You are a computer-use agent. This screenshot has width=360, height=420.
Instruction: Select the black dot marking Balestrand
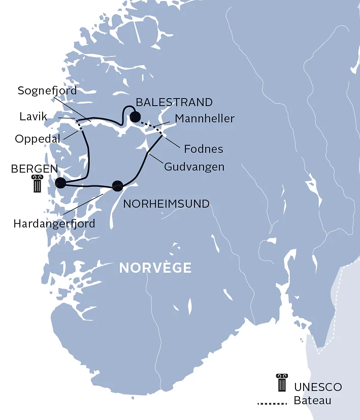tap(135, 117)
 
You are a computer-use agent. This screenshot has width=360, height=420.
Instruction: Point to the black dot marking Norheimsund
tap(118, 186)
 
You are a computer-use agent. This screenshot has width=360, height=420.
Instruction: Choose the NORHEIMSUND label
tap(167, 204)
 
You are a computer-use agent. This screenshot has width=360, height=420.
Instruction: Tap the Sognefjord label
tap(47, 91)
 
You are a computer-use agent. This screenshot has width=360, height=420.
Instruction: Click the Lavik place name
tap(34, 117)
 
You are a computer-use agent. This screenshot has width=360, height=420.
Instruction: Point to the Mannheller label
tap(205, 119)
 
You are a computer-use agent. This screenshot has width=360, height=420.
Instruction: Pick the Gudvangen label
tap(194, 166)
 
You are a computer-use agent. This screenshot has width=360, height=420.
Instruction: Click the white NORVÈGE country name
tap(155, 268)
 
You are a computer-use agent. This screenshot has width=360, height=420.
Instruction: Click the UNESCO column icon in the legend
tap(281, 382)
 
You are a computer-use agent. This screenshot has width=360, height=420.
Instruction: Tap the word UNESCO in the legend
tap(318, 387)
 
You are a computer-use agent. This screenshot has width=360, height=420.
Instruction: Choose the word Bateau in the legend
tap(312, 401)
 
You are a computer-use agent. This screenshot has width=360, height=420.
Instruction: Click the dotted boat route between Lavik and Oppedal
tap(79, 125)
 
